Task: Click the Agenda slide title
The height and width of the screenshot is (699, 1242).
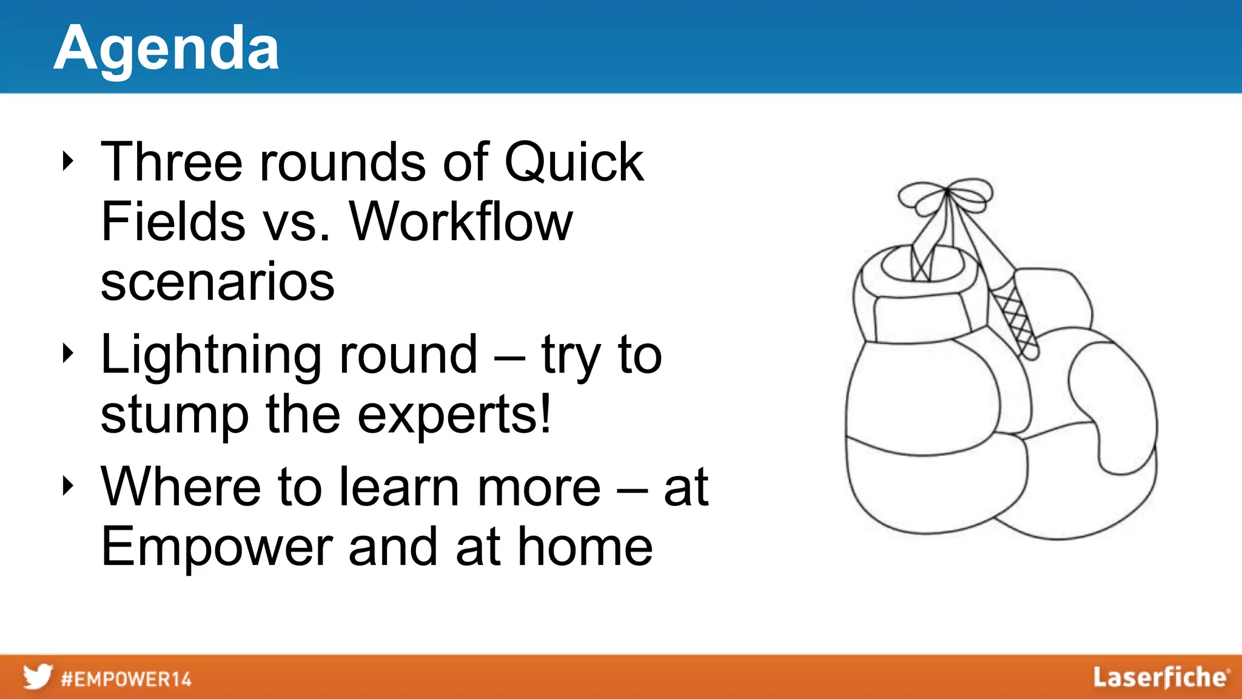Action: (x=166, y=49)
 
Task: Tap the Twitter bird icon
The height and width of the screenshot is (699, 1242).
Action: (x=38, y=677)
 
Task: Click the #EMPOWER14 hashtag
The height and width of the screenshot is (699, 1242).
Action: (x=126, y=678)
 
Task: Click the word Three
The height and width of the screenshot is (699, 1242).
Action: (x=172, y=162)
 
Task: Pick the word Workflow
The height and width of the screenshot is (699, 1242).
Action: (x=461, y=222)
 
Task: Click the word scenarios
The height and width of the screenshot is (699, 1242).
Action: (x=217, y=282)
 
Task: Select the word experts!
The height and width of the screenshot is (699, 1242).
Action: (x=454, y=416)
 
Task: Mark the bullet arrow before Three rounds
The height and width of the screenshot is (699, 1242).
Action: (x=68, y=161)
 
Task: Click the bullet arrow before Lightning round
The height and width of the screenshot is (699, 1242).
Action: (x=68, y=354)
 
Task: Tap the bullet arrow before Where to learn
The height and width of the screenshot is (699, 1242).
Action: (x=68, y=485)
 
